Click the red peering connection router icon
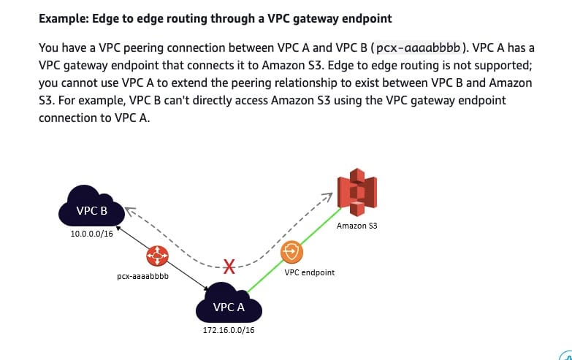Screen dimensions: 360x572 (x=157, y=256)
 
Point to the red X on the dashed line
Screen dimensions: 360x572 (x=229, y=266)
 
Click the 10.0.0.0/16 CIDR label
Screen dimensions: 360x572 (x=92, y=234)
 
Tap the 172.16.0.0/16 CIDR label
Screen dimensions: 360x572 (x=229, y=330)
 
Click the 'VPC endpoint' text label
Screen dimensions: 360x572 (x=310, y=272)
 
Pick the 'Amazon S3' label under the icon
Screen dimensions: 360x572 (x=357, y=226)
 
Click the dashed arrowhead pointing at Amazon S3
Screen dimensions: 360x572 (x=329, y=196)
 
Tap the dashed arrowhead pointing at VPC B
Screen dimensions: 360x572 (x=129, y=210)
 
